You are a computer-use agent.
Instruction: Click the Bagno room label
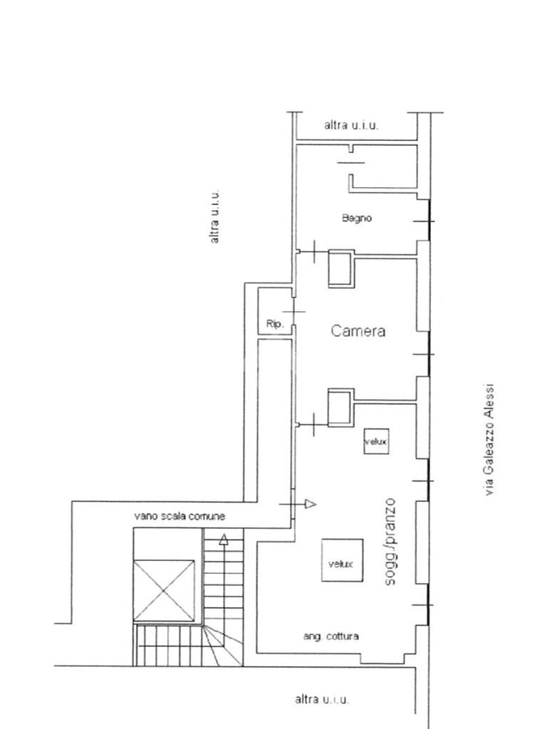pyautogui.click(x=357, y=218)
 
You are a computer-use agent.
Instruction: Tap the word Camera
pyautogui.click(x=358, y=331)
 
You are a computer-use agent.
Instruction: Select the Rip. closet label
pyautogui.click(x=274, y=324)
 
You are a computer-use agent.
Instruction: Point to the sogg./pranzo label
pyautogui.click(x=390, y=542)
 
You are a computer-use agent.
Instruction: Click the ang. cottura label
pyautogui.click(x=330, y=636)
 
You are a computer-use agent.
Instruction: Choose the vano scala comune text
pyautogui.click(x=179, y=516)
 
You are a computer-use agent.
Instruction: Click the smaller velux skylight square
pyautogui.click(x=376, y=441)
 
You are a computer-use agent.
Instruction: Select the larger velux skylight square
pyautogui.click(x=343, y=560)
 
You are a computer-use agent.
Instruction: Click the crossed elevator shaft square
pyautogui.click(x=165, y=591)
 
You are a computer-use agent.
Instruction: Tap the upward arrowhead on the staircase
pyautogui.click(x=224, y=540)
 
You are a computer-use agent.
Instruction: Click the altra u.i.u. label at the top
pyautogui.click(x=351, y=125)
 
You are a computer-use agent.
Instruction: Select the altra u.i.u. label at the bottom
pyautogui.click(x=322, y=699)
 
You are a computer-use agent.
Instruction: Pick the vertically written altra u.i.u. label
pyautogui.click(x=214, y=216)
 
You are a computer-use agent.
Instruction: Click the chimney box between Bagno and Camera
pyautogui.click(x=341, y=268)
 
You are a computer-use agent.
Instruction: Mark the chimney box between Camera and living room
pyautogui.click(x=341, y=407)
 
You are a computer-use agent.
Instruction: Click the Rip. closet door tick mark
pyautogui.click(x=294, y=311)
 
